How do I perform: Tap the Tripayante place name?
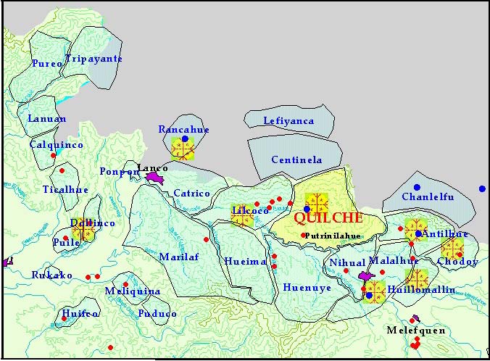(94, 59)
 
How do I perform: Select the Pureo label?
(47, 64)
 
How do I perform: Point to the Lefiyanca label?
(288, 121)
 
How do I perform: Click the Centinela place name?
(296, 159)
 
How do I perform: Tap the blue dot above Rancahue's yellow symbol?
(185, 138)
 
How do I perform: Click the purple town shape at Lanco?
(156, 177)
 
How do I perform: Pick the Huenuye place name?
(307, 287)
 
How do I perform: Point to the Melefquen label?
(415, 331)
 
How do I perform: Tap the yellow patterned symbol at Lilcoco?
(241, 215)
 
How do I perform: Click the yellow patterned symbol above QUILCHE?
(317, 203)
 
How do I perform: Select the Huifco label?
(80, 314)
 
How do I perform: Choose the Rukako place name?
(51, 275)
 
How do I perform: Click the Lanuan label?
(46, 119)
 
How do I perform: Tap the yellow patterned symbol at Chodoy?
(452, 250)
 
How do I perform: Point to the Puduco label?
(157, 314)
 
